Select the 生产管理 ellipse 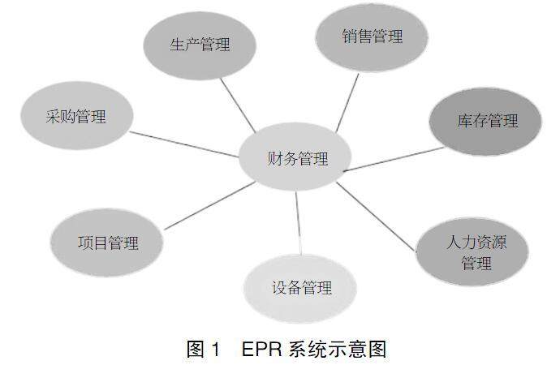pyautogui.click(x=200, y=45)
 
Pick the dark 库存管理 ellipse pyautogui.click(x=485, y=122)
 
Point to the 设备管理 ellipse pyautogui.click(x=301, y=288)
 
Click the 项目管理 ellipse pyautogui.click(x=107, y=243)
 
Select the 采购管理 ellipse pyautogui.click(x=75, y=117)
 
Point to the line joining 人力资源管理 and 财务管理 pyautogui.click(x=377, y=215)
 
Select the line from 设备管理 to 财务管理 pyautogui.click(x=298, y=219)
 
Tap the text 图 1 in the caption pyautogui.click(x=204, y=350)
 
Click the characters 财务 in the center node pyautogui.click(x=281, y=159)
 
